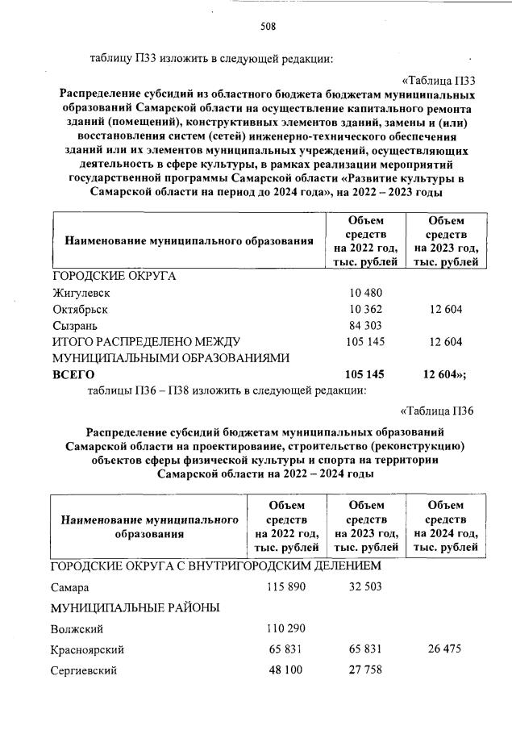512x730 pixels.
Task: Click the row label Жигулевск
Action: click(81, 292)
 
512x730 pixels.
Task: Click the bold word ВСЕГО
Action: click(73, 375)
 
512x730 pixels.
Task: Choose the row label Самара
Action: click(70, 587)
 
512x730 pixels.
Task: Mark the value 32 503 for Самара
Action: click(366, 586)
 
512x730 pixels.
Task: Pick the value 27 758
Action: click(366, 670)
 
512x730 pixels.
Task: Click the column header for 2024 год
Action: click(446, 526)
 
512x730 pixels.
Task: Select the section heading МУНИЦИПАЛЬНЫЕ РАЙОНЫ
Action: click(135, 607)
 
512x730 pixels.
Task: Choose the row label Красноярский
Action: click(88, 649)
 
